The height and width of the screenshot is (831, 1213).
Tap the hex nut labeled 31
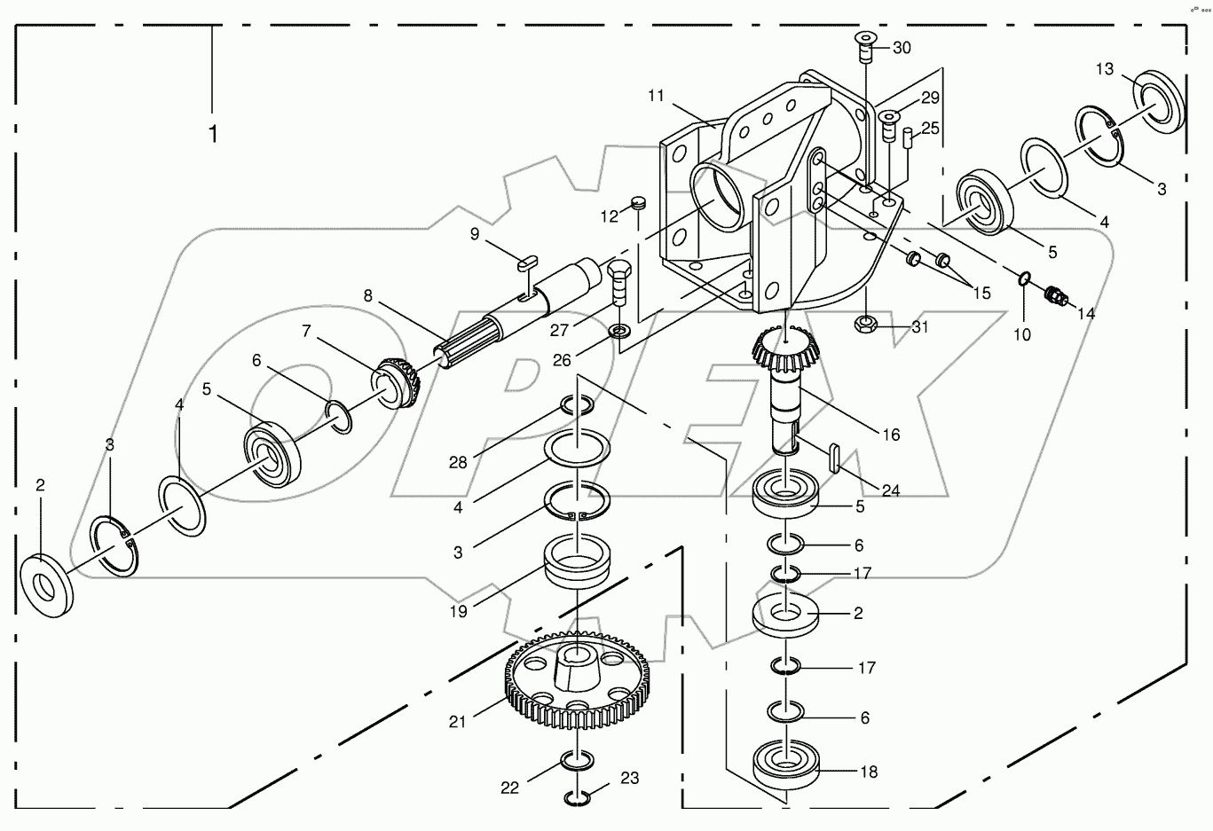click(866, 325)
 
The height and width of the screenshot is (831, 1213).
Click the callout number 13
click(1104, 69)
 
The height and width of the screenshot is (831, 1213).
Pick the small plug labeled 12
click(636, 204)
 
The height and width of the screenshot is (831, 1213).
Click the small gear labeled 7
click(398, 381)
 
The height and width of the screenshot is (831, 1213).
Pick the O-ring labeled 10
click(1024, 278)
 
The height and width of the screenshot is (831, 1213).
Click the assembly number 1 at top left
click(213, 134)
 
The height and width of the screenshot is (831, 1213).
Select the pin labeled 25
click(909, 140)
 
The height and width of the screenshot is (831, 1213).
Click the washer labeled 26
click(618, 333)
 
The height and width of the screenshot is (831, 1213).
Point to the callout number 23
click(629, 779)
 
